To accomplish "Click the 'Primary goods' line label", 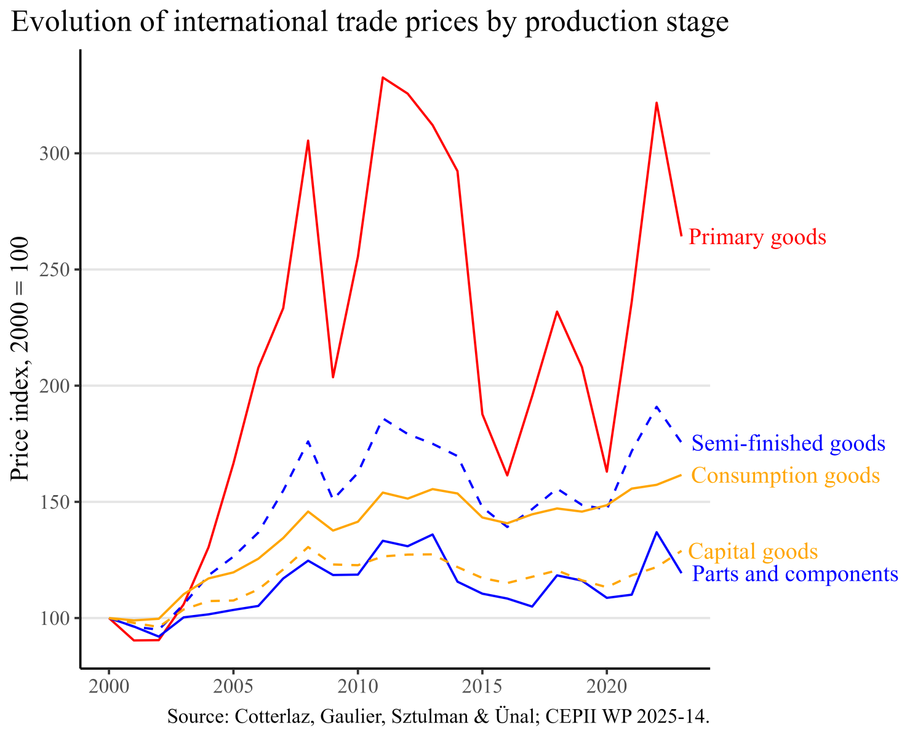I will [757, 237].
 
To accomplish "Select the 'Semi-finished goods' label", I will [788, 443].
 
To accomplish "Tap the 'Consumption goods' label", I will [785, 475].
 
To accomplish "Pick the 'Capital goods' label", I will [753, 552].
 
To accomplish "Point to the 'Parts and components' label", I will [795, 574].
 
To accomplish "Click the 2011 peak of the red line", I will [383, 77].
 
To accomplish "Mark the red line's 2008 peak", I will [308, 141].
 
